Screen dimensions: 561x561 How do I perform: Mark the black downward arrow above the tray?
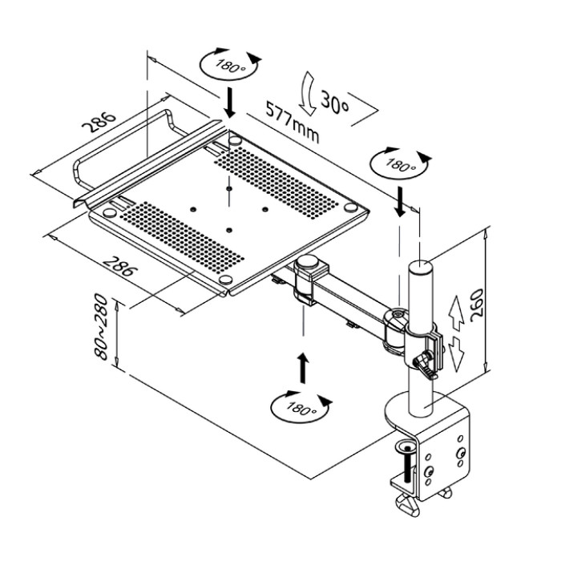pos(231,102)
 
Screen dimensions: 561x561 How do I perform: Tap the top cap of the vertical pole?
pos(420,267)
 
